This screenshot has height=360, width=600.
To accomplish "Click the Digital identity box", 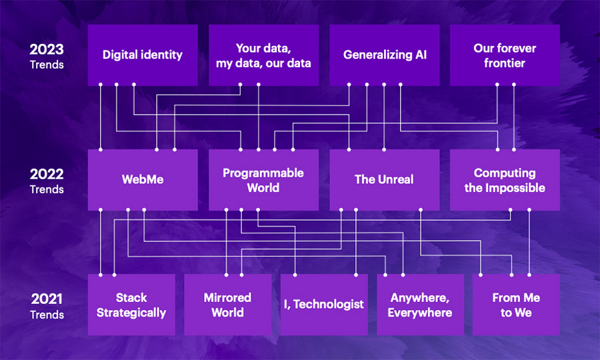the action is click(143, 55).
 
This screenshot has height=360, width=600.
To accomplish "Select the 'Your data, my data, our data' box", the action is click(263, 55).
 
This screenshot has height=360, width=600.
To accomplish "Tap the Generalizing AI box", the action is click(385, 55).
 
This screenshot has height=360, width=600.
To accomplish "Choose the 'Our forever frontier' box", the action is click(505, 55).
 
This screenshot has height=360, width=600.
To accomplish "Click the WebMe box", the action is click(143, 180).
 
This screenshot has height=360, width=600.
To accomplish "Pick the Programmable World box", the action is click(263, 180).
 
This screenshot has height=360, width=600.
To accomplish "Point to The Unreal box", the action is click(385, 180).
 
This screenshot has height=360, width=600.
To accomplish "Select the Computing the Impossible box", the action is click(505, 180).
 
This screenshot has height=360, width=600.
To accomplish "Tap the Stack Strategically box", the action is click(131, 305).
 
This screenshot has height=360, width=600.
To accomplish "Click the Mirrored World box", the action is click(228, 305).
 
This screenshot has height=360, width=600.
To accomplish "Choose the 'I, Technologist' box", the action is click(324, 305).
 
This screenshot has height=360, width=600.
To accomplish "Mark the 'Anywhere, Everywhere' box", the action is click(421, 305).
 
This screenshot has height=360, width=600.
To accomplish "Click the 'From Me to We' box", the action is click(516, 305).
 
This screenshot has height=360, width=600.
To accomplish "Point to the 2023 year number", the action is click(47, 49).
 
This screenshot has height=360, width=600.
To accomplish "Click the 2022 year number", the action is click(47, 174).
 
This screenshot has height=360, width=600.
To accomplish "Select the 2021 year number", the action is click(47, 299).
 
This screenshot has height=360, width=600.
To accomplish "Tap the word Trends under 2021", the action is click(47, 315).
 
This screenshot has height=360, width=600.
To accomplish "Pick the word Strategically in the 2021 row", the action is click(131, 313).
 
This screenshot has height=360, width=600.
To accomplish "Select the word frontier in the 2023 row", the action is click(505, 63).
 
